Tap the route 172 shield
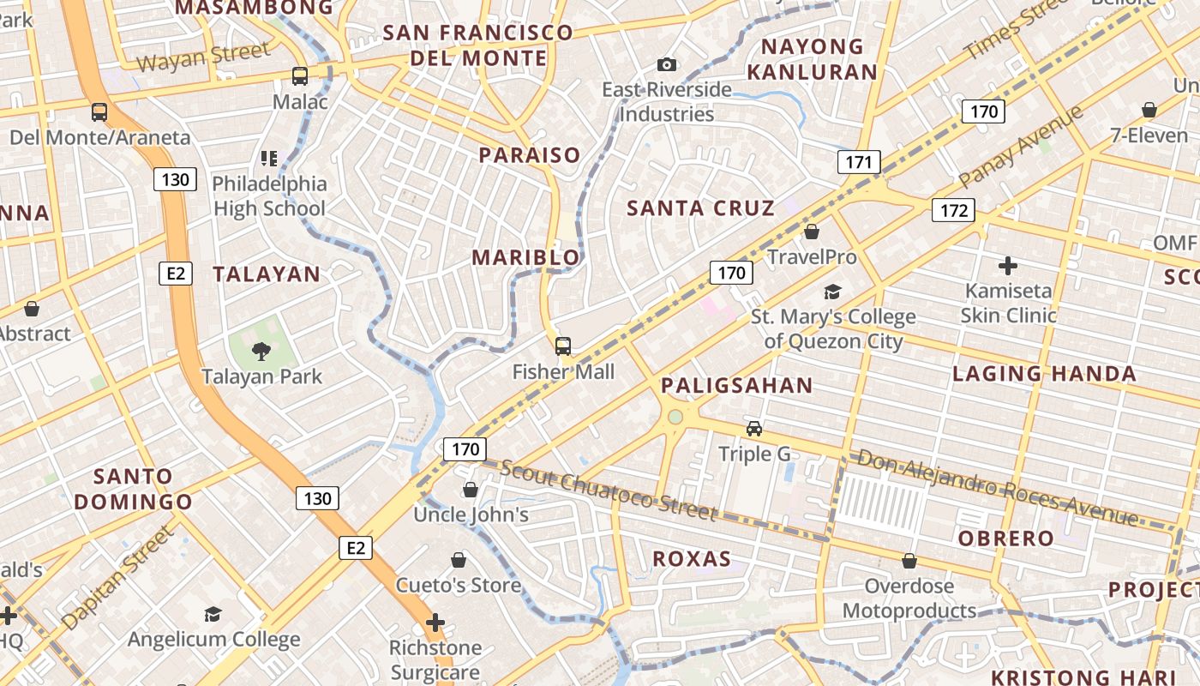point(953,210)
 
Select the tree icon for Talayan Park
point(261,350)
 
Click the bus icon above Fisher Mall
point(563,346)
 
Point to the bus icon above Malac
point(300,75)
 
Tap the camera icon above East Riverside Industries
point(666,64)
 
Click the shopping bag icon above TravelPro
point(812,232)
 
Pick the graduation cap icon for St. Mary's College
point(832,292)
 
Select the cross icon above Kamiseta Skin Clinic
point(1008,266)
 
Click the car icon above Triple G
point(754,428)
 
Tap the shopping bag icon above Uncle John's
point(470,490)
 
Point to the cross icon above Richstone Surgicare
point(435,622)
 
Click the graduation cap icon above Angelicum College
point(213,614)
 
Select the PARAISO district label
point(530,155)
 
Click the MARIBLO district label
point(525,257)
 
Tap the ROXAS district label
point(692,559)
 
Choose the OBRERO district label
point(1005,539)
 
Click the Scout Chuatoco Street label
point(608,490)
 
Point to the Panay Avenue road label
point(1021,147)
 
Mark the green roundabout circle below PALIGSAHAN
point(675,417)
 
